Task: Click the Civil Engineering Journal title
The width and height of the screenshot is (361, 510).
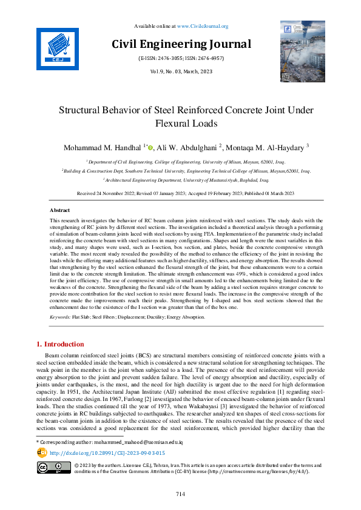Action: click(181, 44)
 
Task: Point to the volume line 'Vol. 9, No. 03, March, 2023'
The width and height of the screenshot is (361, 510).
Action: click(180, 71)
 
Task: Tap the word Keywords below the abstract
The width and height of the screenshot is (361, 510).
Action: click(59, 317)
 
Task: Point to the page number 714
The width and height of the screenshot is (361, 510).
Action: click(180, 494)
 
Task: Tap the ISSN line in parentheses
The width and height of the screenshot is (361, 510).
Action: click(181, 59)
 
